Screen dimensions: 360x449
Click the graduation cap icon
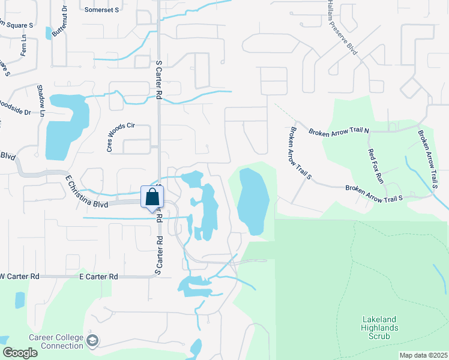[92, 341]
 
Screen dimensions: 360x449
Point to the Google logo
[20, 353]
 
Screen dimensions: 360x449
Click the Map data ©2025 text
[423, 355]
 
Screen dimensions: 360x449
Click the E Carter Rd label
[98, 277]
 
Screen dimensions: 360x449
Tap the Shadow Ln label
[41, 100]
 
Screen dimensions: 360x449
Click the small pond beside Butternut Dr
[49, 33]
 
